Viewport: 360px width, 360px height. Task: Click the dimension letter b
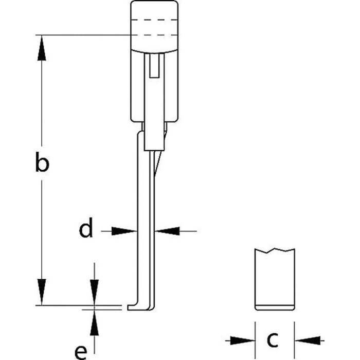point(42,165)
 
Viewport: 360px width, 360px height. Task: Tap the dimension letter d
point(86,230)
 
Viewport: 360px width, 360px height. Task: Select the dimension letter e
point(80,352)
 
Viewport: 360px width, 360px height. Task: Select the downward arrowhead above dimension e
point(94,294)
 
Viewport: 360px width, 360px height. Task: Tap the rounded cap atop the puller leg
point(154,26)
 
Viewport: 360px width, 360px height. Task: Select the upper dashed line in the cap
point(154,21)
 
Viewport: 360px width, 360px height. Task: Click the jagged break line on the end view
point(275,251)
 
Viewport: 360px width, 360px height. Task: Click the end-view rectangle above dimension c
point(275,278)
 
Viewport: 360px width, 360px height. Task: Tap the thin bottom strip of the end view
point(275,308)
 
